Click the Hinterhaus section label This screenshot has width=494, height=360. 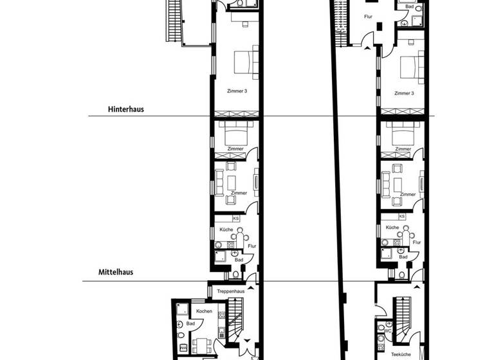[x=126, y=109]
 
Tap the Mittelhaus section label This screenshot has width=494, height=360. [x=116, y=272]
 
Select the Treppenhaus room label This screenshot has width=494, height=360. [x=230, y=291]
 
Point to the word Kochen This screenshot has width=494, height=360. [x=204, y=311]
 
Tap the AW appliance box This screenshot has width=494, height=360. [x=183, y=348]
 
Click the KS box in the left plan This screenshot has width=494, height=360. [x=236, y=219]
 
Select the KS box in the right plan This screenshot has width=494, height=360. [x=402, y=217]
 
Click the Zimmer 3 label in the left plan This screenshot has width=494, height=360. [x=237, y=91]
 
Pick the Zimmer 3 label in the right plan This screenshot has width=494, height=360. [x=403, y=93]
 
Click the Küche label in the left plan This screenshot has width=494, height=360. [x=226, y=230]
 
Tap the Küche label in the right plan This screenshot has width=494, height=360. [x=392, y=228]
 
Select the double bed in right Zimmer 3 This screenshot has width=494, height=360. [x=410, y=67]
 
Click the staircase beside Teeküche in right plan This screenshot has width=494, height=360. [x=405, y=318]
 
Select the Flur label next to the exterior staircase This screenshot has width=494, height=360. [x=368, y=16]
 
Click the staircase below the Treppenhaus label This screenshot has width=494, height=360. [x=237, y=321]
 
